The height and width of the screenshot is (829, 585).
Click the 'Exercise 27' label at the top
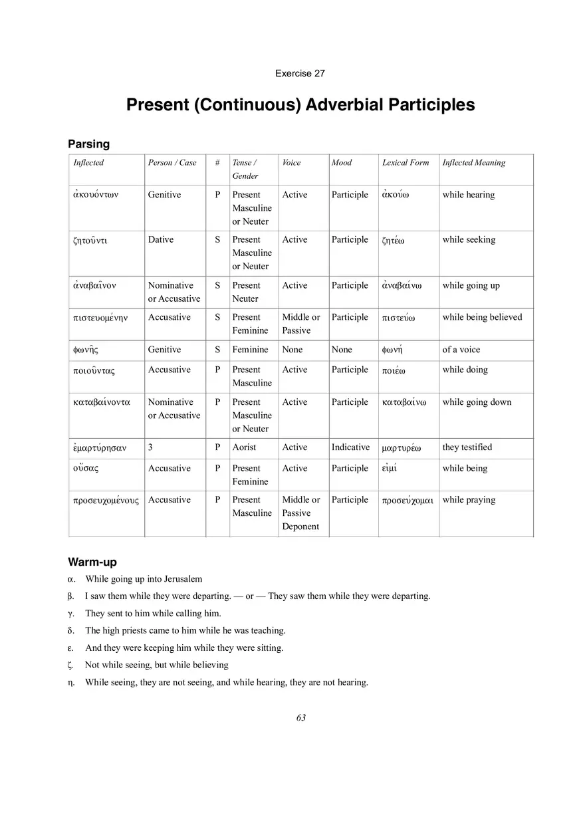pyautogui.click(x=300, y=73)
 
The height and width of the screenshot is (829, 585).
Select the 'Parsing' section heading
pyautogui.click(x=88, y=144)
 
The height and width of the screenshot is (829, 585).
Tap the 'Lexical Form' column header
pyautogui.click(x=406, y=163)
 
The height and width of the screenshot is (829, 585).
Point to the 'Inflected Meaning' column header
pyautogui.click(x=473, y=163)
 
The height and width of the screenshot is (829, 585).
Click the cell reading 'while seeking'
pyautogui.click(x=469, y=240)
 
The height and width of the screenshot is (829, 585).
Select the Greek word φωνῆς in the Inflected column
pyautogui.click(x=86, y=350)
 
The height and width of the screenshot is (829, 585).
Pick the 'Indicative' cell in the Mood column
pyautogui.click(x=350, y=447)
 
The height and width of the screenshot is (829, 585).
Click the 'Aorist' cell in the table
pyautogui.click(x=244, y=447)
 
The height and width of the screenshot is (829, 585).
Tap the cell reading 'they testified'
pyautogui.click(x=467, y=447)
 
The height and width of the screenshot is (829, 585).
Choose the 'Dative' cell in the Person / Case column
pyautogui.click(x=161, y=240)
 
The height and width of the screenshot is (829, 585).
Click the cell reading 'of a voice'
pyautogui.click(x=461, y=350)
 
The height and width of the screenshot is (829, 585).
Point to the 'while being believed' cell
pyautogui.click(x=482, y=317)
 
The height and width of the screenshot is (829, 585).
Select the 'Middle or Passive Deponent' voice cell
pyautogui.click(x=301, y=513)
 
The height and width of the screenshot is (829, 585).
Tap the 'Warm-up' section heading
pyautogui.click(x=92, y=562)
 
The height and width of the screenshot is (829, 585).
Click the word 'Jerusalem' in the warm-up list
pyautogui.click(x=181, y=579)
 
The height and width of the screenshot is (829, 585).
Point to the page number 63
pyautogui.click(x=301, y=717)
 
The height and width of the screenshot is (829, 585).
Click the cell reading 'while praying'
pyautogui.click(x=469, y=500)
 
